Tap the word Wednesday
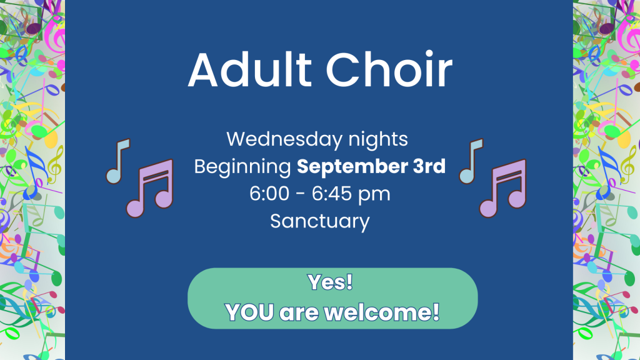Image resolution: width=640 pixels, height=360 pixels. click(284, 139)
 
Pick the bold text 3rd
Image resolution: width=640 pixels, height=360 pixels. click(429, 166)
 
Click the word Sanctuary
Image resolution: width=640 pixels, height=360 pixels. click(320, 222)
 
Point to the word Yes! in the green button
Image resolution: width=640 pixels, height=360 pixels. click(330, 282)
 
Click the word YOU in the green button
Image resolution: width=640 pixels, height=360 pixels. click(249, 312)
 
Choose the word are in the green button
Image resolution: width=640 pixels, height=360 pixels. click(299, 314)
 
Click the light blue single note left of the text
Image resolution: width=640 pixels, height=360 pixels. click(118, 161)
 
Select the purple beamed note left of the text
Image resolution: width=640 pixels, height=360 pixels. click(150, 188)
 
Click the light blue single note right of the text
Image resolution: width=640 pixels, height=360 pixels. click(471, 161)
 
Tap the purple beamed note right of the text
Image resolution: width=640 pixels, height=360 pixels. click(503, 188)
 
